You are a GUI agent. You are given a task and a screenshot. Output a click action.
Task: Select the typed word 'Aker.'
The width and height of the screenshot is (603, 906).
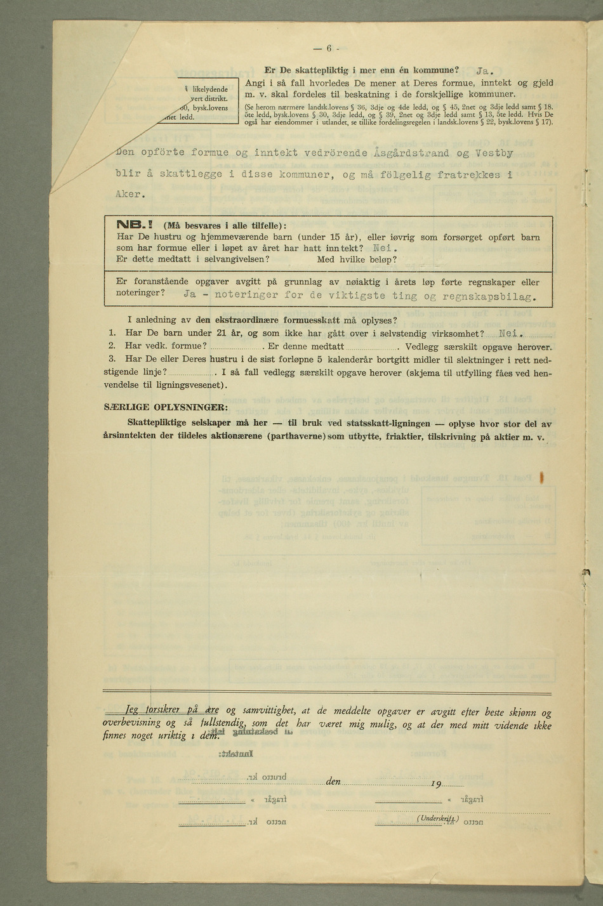pos(131,194)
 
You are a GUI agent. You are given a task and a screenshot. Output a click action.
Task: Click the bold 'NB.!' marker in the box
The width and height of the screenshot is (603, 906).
pos(138,225)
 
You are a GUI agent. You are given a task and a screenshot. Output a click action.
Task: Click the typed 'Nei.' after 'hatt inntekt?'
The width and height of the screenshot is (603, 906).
pos(385,248)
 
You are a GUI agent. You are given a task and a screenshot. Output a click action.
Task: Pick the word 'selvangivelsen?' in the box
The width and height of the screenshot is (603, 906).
pos(237,259)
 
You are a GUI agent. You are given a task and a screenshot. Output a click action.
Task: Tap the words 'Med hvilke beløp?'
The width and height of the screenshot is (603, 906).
pos(357,259)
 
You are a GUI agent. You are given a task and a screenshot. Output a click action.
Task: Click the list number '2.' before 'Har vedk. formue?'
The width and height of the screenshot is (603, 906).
pos(112,346)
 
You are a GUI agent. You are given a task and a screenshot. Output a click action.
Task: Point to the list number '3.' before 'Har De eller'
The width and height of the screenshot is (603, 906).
pos(112,359)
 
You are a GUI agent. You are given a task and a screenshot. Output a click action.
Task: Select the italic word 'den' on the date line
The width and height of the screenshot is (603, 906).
pos(334,782)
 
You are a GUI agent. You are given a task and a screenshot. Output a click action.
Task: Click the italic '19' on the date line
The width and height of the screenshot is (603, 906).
pos(436,785)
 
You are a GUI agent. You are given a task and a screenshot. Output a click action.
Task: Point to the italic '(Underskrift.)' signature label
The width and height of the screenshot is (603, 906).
pos(437,819)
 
